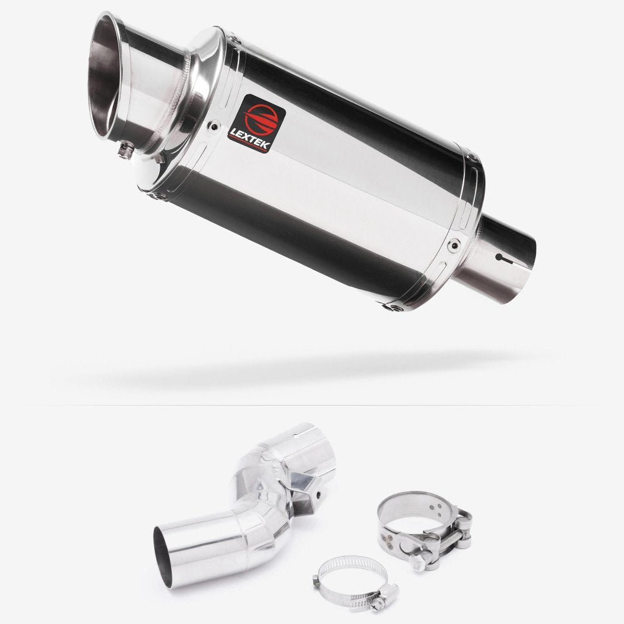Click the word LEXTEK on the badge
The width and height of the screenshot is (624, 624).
point(256,134)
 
